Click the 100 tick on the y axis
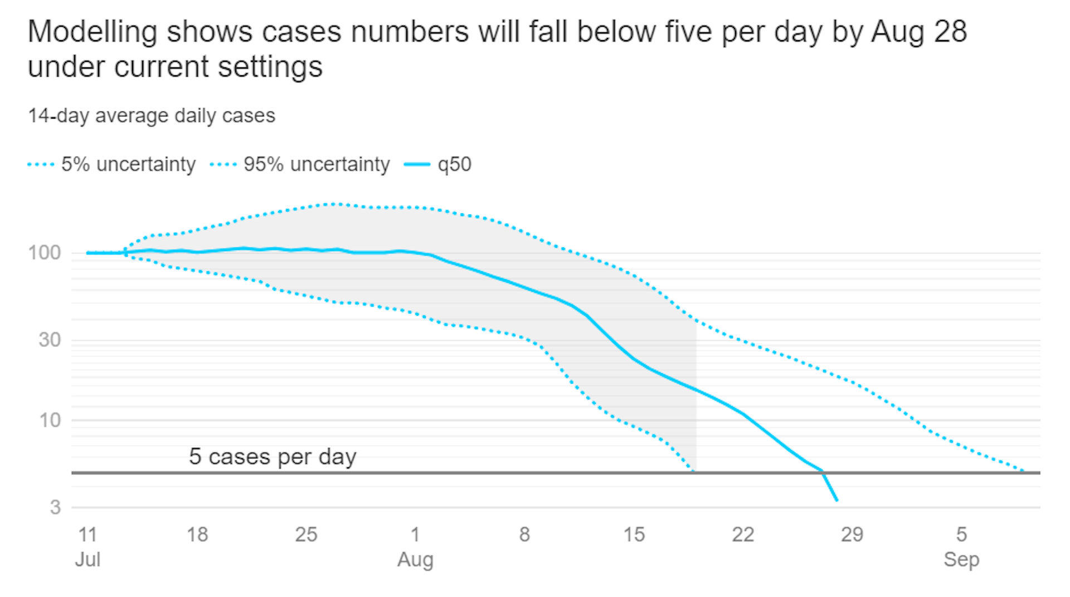[45, 253]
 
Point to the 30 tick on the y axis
[50, 340]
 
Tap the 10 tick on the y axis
[50, 420]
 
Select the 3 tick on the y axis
[55, 507]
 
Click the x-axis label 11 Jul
[87, 546]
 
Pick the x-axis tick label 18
[197, 535]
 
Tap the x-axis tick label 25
[306, 535]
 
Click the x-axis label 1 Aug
[415, 546]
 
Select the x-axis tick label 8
[524, 535]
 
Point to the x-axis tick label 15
[634, 535]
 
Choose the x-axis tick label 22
[743, 535]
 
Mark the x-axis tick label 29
[852, 535]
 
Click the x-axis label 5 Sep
[961, 546]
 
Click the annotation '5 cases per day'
[273, 457]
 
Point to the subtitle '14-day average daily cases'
[152, 116]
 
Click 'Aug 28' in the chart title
[919, 32]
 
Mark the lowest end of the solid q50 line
[836, 500]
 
